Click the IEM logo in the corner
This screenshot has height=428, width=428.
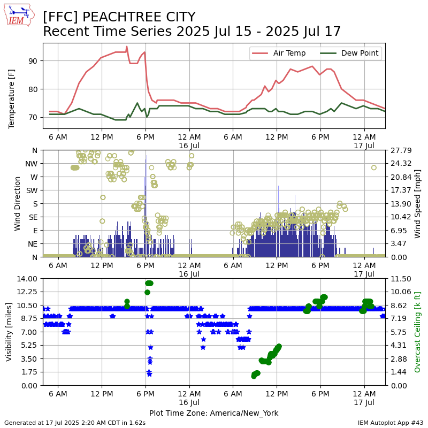coord(19,15)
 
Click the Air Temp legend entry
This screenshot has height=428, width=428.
coord(279,53)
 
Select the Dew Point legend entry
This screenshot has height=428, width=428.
coord(349,53)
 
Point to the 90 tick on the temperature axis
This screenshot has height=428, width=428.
coord(33,61)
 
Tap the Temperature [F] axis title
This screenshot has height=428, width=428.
coord(11,99)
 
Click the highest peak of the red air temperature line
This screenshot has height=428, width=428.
coord(127,47)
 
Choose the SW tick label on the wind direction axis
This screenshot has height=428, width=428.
coord(32,190)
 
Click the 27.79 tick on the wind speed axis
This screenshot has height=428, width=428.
coord(401,150)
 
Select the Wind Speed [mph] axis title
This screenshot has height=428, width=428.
coord(417,204)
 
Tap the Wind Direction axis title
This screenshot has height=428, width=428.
coord(17,204)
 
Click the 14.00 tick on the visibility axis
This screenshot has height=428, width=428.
coord(27,279)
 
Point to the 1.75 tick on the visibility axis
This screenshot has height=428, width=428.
coord(29,372)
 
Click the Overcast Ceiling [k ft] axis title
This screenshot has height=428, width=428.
coord(417,332)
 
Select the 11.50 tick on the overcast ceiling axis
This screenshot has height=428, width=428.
coord(401,279)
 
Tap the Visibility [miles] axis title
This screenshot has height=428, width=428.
coord(9,332)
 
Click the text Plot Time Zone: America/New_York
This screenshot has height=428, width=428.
coord(214,413)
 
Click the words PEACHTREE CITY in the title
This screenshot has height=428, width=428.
coord(139,17)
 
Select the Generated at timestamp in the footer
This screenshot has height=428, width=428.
coord(75,423)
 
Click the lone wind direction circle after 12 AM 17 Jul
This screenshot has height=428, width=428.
coord(373,167)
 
